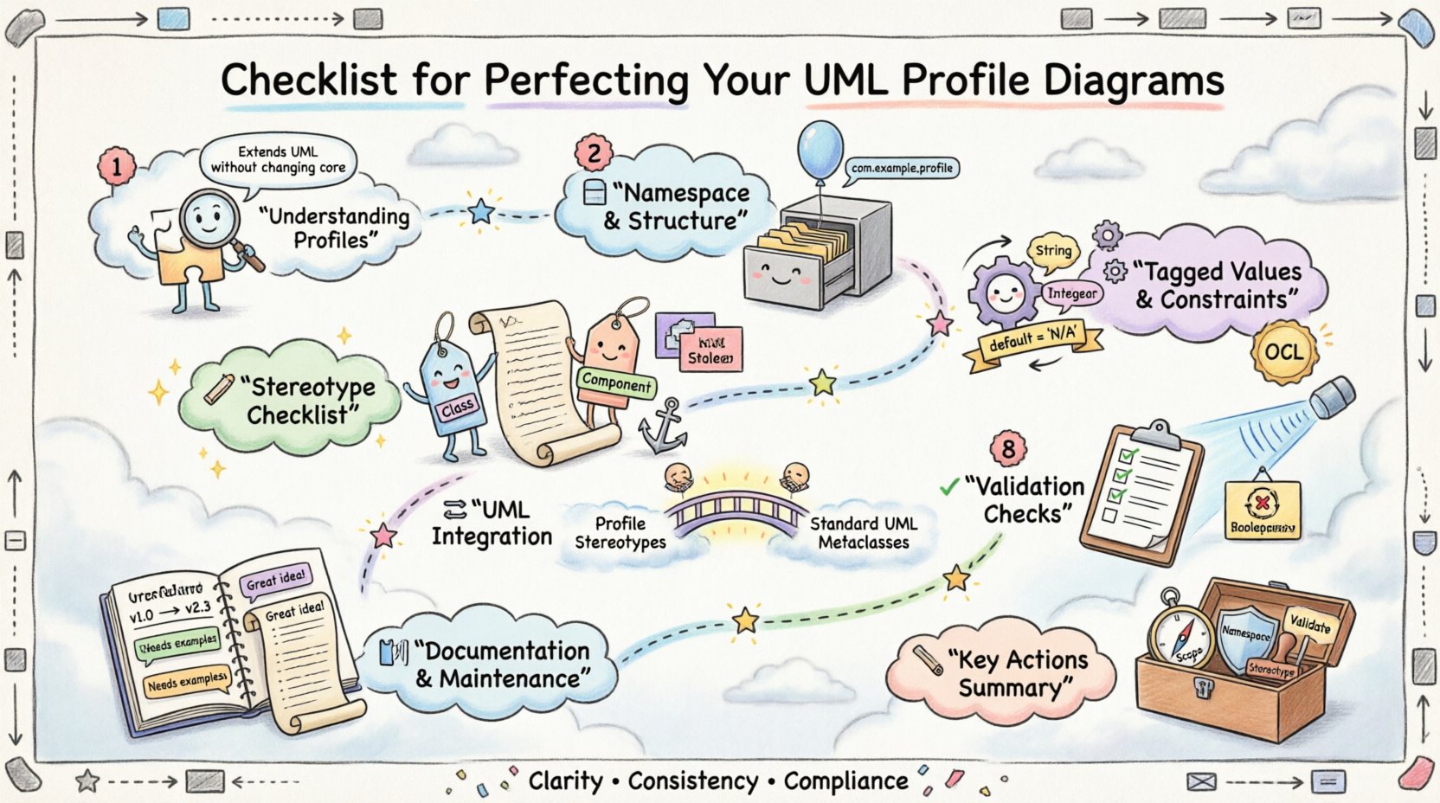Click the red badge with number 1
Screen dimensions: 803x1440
pos(116,166)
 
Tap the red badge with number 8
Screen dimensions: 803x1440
pos(1007,449)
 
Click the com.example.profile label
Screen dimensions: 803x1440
pos(901,168)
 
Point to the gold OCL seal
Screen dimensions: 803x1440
pos(1283,352)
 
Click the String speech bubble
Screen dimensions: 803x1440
pos(1052,251)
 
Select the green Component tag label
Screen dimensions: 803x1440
pos(616,382)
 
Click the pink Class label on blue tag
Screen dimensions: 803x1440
pos(456,407)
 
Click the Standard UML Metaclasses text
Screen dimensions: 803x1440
pos(863,533)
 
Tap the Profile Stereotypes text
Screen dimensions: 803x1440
pos(620,533)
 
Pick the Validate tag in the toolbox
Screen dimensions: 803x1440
pos(1309,623)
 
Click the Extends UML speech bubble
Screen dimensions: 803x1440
pos(278,159)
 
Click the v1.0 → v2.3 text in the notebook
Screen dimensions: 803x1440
pos(170,611)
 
